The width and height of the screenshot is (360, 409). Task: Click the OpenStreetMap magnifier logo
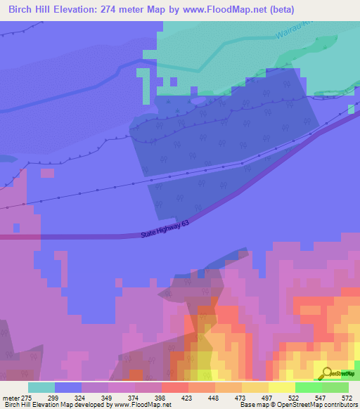click(326, 373)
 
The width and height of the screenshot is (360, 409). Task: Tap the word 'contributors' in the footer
click(337, 405)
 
